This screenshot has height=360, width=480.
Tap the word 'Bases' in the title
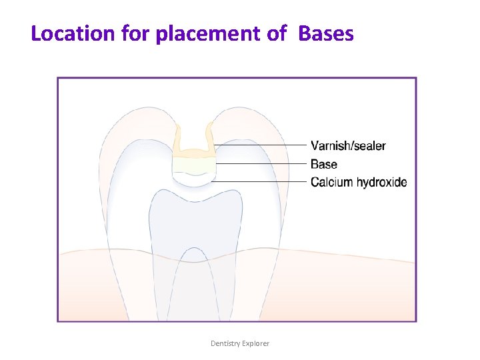pyautogui.click(x=326, y=33)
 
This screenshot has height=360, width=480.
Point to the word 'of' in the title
pyautogui.click(x=277, y=33)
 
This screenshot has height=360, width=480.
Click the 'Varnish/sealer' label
pyautogui.click(x=348, y=146)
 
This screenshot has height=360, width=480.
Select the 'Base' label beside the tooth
pyautogui.click(x=324, y=164)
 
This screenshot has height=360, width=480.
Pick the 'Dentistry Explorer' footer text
pyautogui.click(x=240, y=343)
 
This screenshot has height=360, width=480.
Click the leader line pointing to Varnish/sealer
pyautogui.click(x=260, y=145)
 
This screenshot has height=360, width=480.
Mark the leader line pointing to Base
pyautogui.click(x=260, y=163)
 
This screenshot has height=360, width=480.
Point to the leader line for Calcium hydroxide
pyautogui.click(x=260, y=181)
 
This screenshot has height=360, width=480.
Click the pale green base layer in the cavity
pyautogui.click(x=193, y=163)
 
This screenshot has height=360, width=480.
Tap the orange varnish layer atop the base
pyautogui.click(x=193, y=151)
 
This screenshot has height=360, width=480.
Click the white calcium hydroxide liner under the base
pyautogui.click(x=193, y=177)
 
